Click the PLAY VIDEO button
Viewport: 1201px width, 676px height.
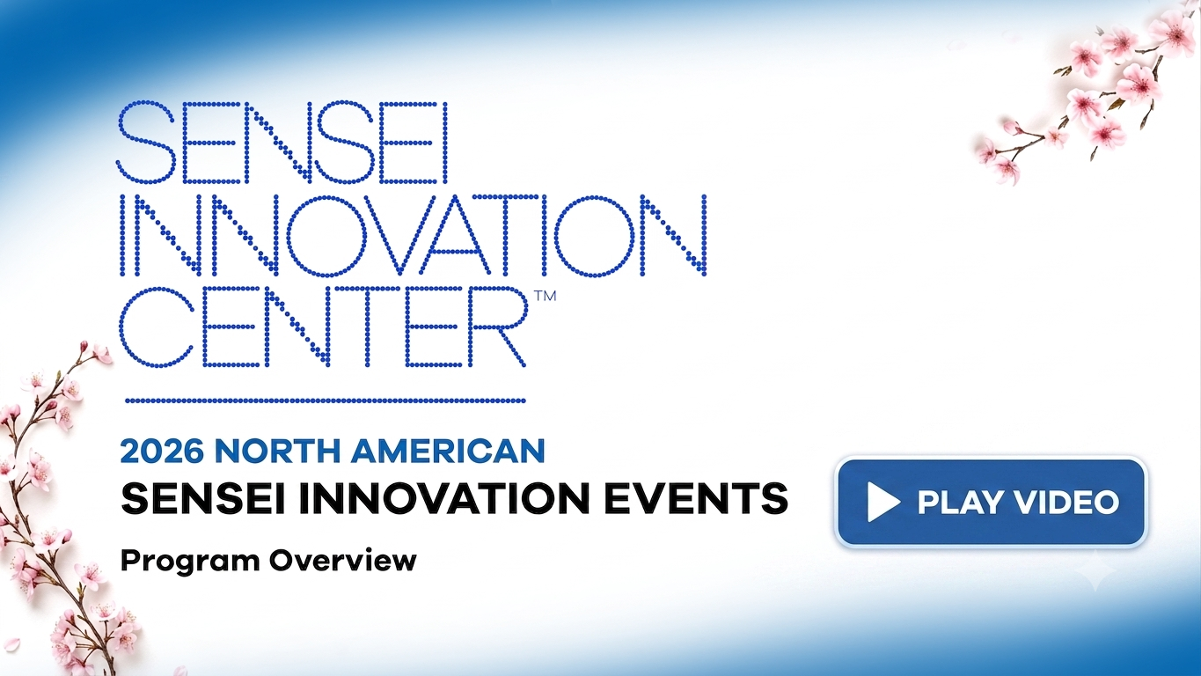point(991,502)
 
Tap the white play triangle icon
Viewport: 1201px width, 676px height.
point(882,503)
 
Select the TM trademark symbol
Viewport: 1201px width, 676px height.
point(546,296)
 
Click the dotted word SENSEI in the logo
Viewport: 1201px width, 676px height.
point(282,143)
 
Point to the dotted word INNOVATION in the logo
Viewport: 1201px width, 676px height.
point(413,235)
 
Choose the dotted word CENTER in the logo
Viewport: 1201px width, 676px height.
point(322,327)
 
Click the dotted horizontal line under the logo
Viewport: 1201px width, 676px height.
point(326,400)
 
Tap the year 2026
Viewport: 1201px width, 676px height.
point(162,452)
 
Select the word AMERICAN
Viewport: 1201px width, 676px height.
point(448,452)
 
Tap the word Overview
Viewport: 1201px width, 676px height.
point(343,561)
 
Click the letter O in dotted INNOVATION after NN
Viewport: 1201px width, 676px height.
point(326,235)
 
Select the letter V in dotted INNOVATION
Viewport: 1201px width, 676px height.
point(397,235)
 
